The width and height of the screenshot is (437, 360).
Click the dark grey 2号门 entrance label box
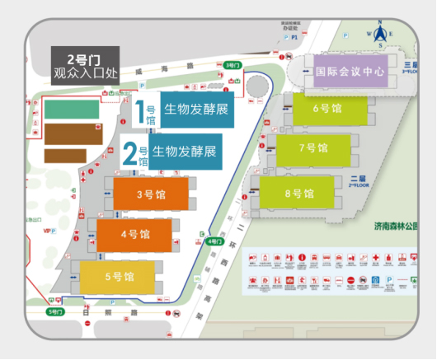point(85,66)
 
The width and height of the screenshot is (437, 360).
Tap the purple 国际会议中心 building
point(351,72)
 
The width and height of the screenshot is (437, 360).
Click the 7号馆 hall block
point(313,148)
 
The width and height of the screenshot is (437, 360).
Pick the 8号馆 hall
point(299,194)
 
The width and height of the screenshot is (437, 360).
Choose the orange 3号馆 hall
point(144,195)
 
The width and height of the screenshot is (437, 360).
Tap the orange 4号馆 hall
point(134,234)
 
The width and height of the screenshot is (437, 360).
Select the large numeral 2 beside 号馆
point(129,153)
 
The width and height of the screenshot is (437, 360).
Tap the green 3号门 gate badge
point(232,65)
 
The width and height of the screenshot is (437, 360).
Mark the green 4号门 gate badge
point(214,241)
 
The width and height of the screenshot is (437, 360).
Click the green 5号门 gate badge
point(54,313)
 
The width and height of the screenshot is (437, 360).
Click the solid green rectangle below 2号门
point(70,108)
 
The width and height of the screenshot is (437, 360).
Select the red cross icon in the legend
point(376,260)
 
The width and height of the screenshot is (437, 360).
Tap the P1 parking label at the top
point(293,37)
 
